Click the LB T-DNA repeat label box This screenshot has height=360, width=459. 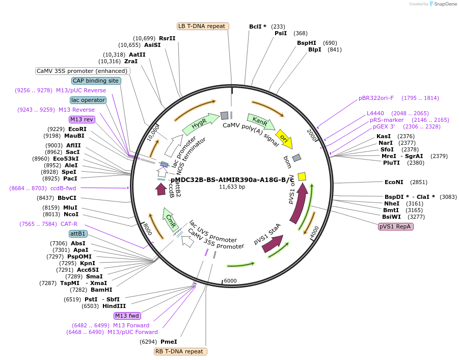tap(203, 26)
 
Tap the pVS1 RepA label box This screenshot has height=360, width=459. tap(396, 226)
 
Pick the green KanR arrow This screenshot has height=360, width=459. tap(261, 122)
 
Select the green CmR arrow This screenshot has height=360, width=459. tap(171, 220)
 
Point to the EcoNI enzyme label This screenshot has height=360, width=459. tap(394, 182)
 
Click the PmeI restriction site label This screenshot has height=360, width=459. tap(169, 342)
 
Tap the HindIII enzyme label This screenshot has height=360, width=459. tap(114, 306)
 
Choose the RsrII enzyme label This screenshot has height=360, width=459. tap(167, 38)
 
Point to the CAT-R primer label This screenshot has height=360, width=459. tap(69, 224)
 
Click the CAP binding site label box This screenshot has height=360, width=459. tap(96, 81)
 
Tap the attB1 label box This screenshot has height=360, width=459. tap(78, 234)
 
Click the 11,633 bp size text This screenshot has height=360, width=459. tap(232, 187)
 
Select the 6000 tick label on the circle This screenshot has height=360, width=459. tap(230, 281)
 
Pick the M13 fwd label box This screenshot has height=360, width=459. tap(127, 316)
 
